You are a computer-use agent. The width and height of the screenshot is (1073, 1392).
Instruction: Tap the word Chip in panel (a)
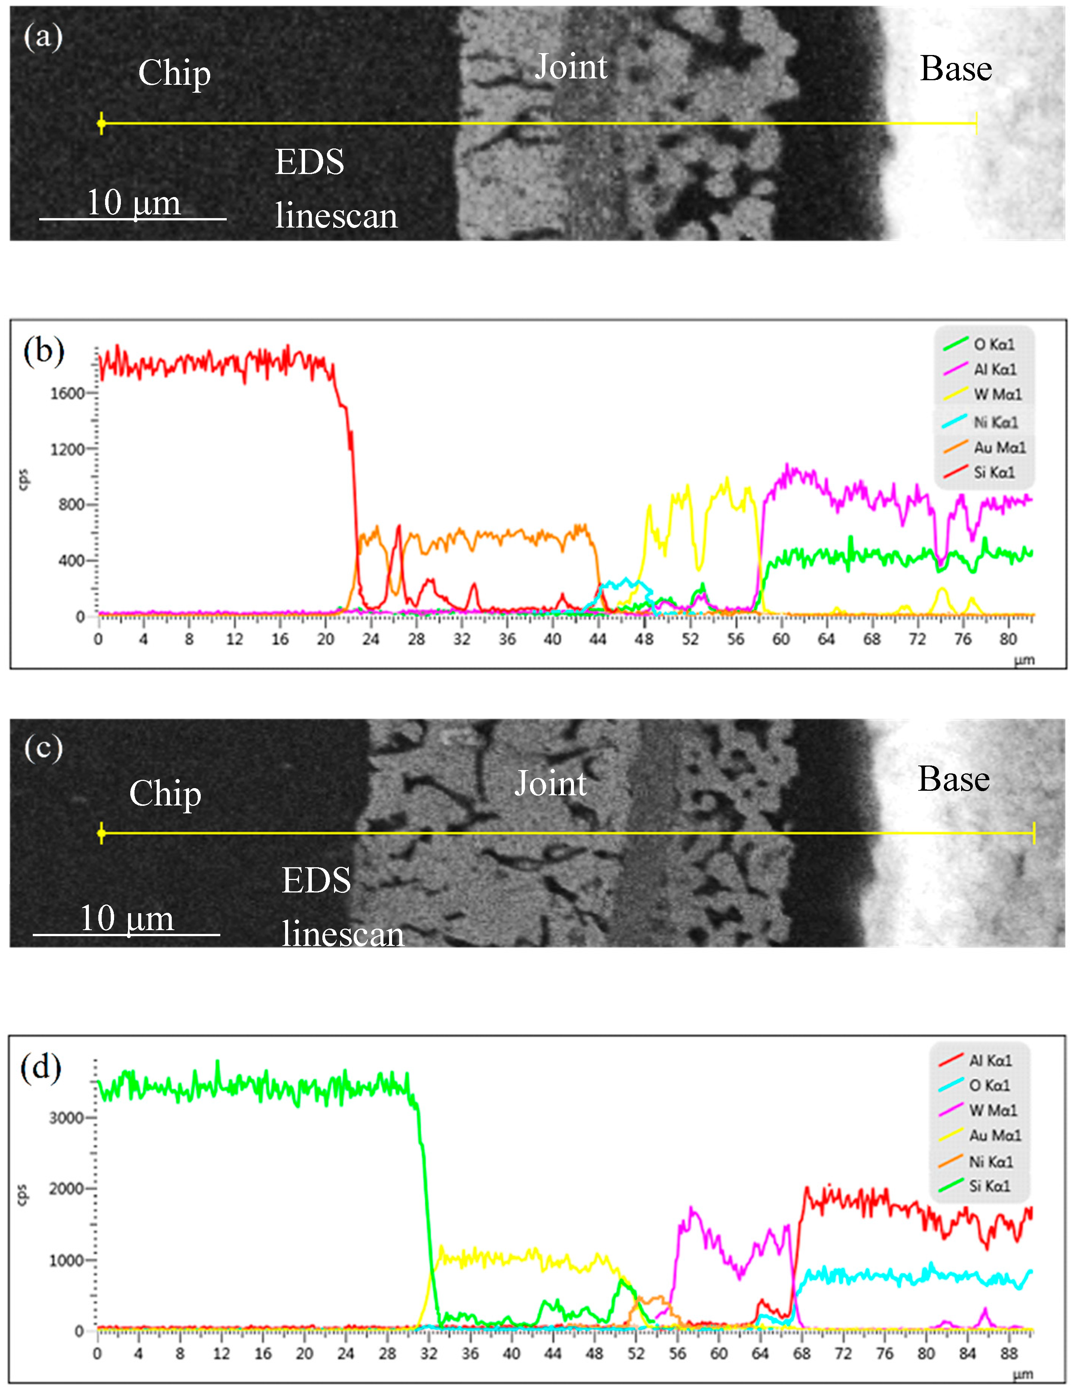(174, 73)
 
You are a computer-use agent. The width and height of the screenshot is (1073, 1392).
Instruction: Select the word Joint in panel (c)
(551, 783)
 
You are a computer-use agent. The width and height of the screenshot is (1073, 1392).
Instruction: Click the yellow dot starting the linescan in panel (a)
(101, 124)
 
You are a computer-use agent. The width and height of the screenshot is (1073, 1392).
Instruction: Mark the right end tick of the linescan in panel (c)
(1033, 833)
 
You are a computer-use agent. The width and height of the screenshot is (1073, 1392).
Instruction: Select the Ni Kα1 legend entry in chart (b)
(995, 422)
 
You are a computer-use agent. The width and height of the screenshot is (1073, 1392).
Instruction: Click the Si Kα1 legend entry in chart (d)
(989, 1186)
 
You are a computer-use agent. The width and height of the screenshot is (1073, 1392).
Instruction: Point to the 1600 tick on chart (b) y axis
(67, 393)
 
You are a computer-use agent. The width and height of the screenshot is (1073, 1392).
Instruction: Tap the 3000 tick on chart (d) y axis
(66, 1118)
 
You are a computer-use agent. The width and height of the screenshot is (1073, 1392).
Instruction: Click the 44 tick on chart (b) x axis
(598, 639)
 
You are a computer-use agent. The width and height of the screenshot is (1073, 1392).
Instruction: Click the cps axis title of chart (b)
(24, 479)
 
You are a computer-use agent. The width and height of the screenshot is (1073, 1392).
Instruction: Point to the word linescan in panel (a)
(336, 216)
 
